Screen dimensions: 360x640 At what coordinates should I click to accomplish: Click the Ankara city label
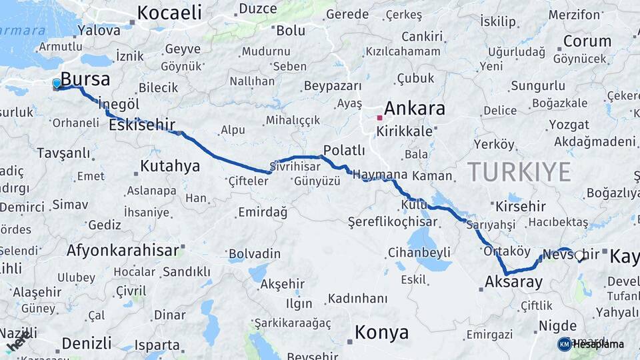414,108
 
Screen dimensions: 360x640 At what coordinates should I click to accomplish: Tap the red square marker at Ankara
379,118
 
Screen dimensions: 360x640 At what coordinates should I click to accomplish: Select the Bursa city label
85,79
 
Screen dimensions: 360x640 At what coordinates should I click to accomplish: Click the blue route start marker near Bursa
57,84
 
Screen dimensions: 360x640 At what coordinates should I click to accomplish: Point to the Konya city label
381,332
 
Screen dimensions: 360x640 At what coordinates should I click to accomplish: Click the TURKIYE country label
519,171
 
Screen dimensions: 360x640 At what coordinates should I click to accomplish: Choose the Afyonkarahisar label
123,251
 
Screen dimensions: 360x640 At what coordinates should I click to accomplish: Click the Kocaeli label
169,12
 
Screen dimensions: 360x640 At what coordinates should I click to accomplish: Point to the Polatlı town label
344,150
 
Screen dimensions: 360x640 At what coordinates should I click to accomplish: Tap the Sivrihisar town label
295,166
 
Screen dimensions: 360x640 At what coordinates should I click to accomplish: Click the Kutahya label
170,166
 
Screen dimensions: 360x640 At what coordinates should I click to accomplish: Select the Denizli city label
87,343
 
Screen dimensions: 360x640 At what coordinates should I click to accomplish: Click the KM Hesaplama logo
591,344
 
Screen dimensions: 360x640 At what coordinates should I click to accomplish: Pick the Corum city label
587,41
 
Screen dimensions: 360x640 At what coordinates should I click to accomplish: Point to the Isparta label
157,345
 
